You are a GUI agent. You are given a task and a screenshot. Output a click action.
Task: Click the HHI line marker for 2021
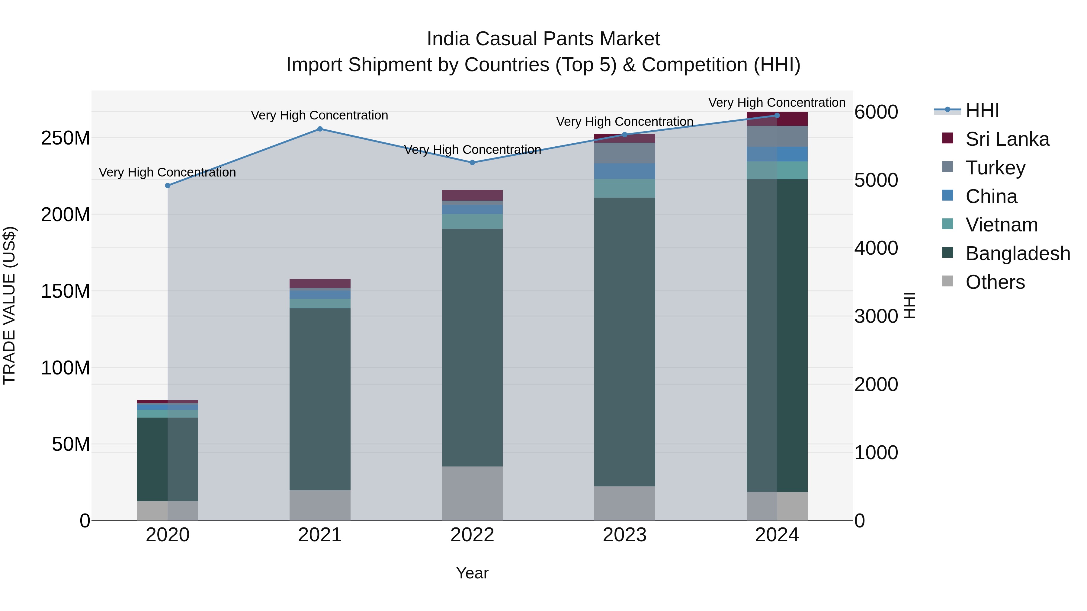coord(320,129)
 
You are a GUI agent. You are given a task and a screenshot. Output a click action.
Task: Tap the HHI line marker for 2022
coord(472,162)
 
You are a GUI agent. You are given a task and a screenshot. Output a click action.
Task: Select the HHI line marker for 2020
coord(168,186)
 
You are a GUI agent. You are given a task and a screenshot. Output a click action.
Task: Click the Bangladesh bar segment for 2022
coord(472,348)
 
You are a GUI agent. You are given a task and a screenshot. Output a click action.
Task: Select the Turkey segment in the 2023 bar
coord(624,153)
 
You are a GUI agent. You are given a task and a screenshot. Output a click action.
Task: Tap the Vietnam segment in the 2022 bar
coord(472,221)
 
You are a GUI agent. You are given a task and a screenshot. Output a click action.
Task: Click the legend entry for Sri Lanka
coord(1007,139)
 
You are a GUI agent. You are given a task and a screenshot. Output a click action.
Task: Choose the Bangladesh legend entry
coord(1017,253)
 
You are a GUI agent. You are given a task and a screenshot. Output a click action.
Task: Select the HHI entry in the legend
coord(982,110)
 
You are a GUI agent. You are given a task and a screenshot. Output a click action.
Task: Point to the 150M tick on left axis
coord(66,291)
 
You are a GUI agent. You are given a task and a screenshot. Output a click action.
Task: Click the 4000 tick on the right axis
coord(876,248)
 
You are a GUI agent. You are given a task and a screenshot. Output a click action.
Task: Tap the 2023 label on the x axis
coord(624,535)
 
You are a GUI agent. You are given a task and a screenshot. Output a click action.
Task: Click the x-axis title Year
coord(472,573)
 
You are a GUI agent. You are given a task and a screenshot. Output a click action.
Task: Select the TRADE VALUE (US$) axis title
coord(9,305)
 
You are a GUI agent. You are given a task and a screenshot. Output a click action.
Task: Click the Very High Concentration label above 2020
coord(168,173)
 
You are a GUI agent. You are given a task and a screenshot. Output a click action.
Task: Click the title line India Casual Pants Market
coord(543,39)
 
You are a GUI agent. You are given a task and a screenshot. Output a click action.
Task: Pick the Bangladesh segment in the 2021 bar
coord(320,399)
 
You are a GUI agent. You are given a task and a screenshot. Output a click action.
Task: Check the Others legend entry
coord(995,282)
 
